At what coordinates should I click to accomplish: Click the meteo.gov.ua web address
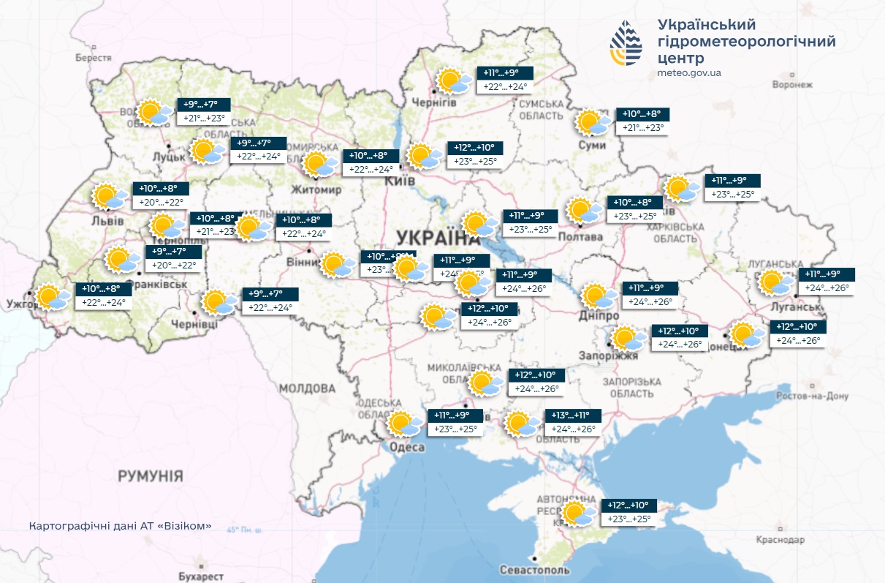689,72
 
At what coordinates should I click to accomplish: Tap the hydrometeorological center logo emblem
627,43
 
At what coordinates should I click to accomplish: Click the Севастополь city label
534,569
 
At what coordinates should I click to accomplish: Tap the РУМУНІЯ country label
151,477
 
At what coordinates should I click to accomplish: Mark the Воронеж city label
792,84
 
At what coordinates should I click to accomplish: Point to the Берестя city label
94,58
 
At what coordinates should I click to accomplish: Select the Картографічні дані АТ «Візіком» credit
121,526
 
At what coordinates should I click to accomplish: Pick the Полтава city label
580,237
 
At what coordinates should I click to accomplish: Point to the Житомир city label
316,190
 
